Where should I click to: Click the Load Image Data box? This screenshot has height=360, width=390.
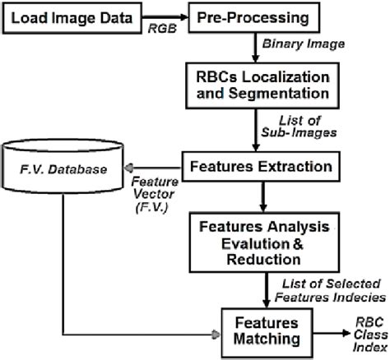(x=72, y=17)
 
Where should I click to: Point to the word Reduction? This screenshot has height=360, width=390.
(x=261, y=259)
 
